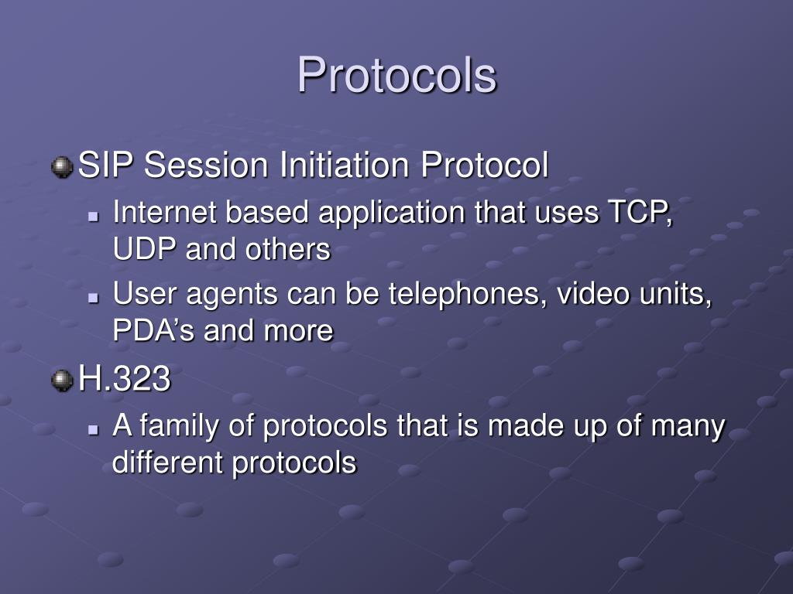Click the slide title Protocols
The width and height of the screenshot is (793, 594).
[396, 76]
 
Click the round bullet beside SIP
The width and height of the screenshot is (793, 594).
[61, 166]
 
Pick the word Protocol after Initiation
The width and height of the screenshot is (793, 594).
[485, 166]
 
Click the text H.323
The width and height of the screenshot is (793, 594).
[124, 379]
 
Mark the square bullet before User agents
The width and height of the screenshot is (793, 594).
[94, 295]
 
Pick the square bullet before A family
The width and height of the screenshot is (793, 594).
[94, 428]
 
